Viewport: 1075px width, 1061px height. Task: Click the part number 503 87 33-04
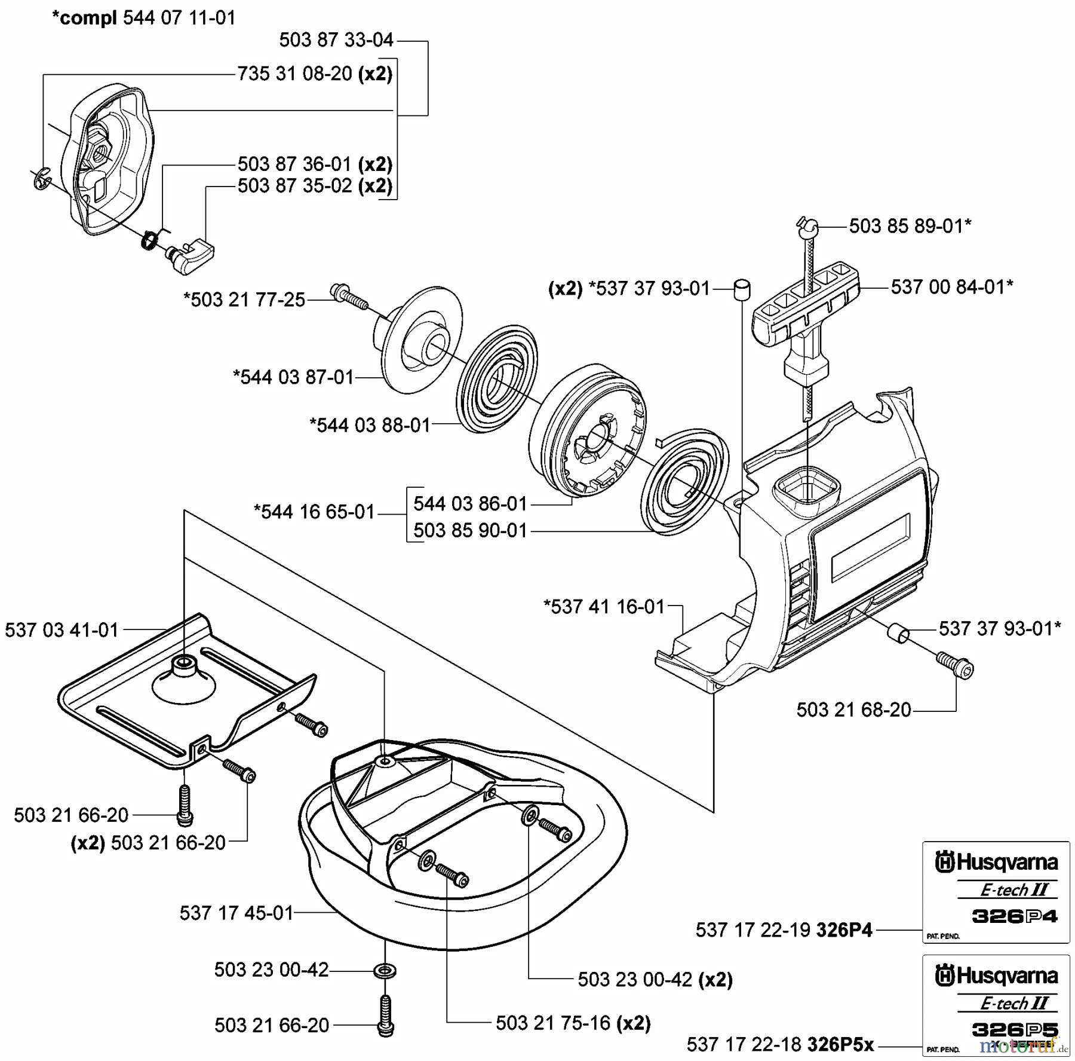[x=336, y=40]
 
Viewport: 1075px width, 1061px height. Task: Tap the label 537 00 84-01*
[x=952, y=287]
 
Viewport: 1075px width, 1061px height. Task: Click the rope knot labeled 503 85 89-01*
[x=807, y=225]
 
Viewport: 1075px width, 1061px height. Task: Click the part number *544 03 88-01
[x=370, y=425]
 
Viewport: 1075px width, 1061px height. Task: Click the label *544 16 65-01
[x=314, y=512]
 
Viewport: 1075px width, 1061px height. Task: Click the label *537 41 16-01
[x=604, y=607]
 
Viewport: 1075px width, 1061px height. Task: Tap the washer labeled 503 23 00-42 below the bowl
[x=385, y=970]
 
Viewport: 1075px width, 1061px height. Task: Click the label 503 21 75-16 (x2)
[x=573, y=1023]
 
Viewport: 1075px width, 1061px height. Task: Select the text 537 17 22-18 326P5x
[x=780, y=1044]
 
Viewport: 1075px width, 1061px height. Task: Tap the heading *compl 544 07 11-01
[x=144, y=18]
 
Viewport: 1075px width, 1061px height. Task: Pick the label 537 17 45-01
[x=236, y=913]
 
